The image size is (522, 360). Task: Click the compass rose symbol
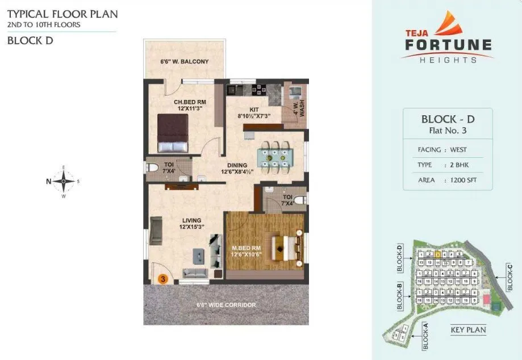pos(64,182)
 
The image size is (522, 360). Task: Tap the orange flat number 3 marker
pos(162,279)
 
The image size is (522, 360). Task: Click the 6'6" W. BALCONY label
pos(185,61)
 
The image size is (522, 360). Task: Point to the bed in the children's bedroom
pos(173,133)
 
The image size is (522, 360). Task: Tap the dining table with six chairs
pos(272,156)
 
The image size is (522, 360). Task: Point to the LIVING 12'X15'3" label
pos(191,223)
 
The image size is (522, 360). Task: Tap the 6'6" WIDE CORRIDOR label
pos(225,305)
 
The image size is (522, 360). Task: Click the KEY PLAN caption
pos(468,330)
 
